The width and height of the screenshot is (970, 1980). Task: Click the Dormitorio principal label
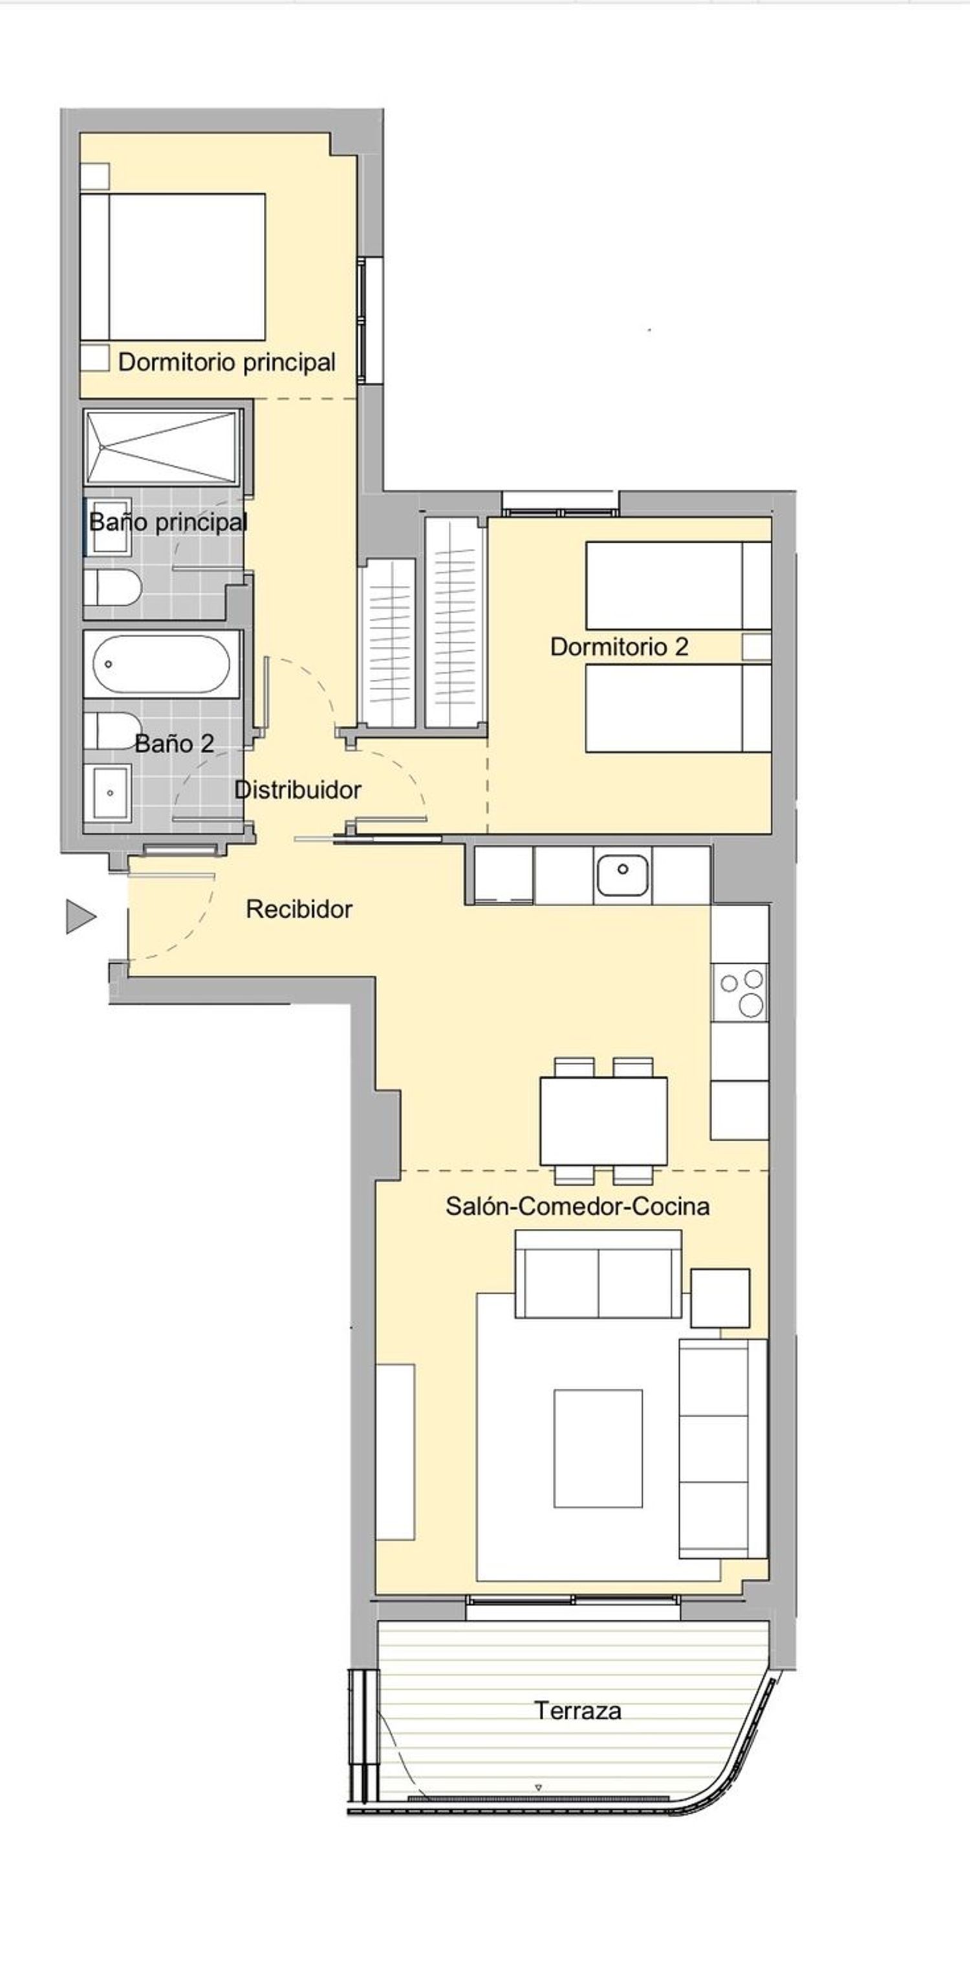click(x=227, y=362)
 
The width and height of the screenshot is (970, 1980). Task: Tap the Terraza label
click(x=577, y=1710)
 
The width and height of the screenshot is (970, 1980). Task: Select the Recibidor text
click(x=299, y=909)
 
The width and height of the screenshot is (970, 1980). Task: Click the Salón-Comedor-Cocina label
click(x=577, y=1206)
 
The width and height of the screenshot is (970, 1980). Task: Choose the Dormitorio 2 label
click(x=619, y=646)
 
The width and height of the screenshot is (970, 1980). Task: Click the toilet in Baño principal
click(x=113, y=588)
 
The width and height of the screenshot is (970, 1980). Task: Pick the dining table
click(x=603, y=1122)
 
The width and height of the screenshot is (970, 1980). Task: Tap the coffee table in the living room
click(x=598, y=1448)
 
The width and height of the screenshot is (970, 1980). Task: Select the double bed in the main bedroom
click(x=173, y=267)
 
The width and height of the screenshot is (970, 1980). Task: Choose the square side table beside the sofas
click(x=720, y=1298)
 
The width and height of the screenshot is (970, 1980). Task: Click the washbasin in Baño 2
click(x=111, y=792)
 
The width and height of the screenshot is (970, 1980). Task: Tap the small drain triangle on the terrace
click(x=538, y=1787)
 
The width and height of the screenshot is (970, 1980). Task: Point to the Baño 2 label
click(x=175, y=743)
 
